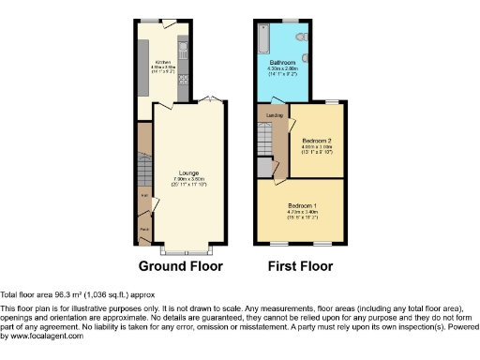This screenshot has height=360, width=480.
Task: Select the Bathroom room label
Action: pyautogui.click(x=282, y=63)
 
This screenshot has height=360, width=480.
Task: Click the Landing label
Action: pyautogui.click(x=275, y=115)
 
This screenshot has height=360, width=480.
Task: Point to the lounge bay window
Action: pyautogui.click(x=187, y=250)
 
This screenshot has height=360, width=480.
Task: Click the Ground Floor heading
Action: pyautogui.click(x=181, y=266)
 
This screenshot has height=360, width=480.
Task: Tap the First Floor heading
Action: pyautogui.click(x=300, y=266)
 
